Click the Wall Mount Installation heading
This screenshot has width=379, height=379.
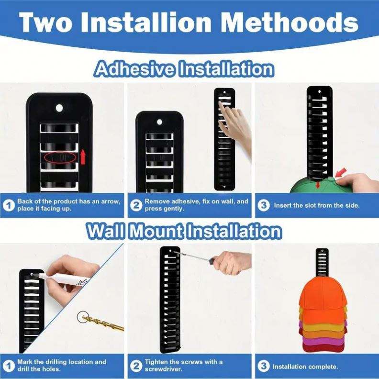coord(184,231)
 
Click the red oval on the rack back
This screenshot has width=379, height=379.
coord(60,157)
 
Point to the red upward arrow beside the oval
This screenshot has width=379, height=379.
coord(83,157)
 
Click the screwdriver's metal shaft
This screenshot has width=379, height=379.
coord(191,256)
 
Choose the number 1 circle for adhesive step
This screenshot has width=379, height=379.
coord(9,205)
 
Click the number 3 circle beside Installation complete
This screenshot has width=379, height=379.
coord(263,366)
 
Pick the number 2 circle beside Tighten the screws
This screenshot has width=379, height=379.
coord(136,366)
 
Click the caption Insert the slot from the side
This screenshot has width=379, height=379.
coord(317,205)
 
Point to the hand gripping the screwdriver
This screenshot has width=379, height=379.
coord(231,262)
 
